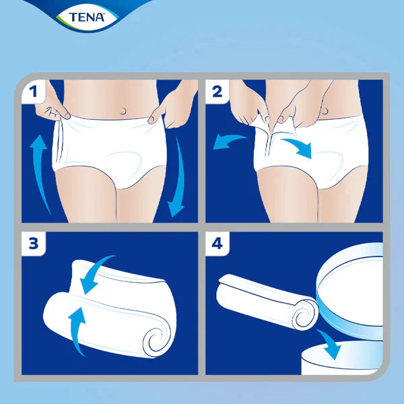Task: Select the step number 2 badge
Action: [217, 92]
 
